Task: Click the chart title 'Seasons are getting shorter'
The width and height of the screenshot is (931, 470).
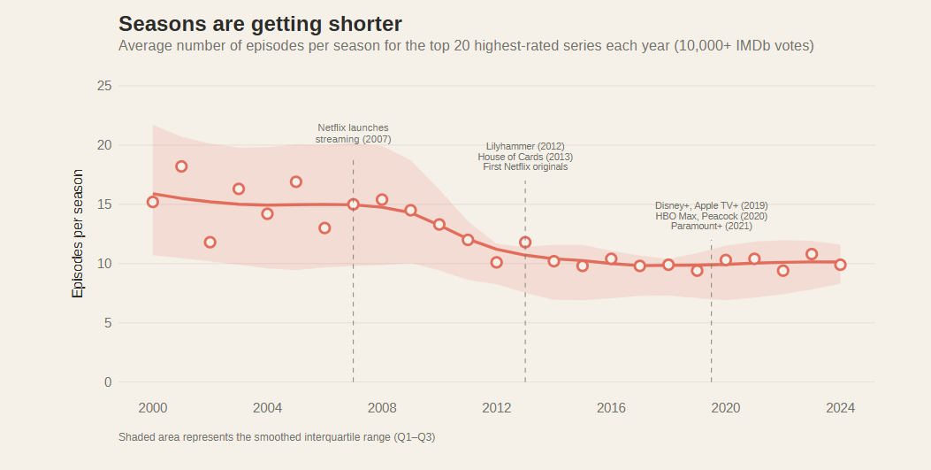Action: point(260,24)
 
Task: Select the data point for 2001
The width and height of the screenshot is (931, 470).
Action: point(181,166)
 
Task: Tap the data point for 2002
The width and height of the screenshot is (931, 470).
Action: point(210,242)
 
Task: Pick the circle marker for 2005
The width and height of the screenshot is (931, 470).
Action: point(296,181)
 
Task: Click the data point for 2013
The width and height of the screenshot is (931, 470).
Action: point(525,242)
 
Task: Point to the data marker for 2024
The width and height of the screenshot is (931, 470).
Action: point(840,265)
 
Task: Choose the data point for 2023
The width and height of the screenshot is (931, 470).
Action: point(812,254)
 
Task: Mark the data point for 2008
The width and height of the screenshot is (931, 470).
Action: point(382,200)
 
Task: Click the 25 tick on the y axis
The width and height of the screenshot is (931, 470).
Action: point(104,86)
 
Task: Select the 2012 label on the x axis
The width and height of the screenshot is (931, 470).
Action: point(497,408)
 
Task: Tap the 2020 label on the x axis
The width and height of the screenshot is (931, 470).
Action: point(726,408)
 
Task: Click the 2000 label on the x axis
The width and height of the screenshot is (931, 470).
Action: point(153,408)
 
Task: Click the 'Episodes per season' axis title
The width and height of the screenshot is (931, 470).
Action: point(78,234)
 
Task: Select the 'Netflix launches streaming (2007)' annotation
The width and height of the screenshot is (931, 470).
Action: point(353,134)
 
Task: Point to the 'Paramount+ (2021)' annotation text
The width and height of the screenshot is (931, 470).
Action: point(711,227)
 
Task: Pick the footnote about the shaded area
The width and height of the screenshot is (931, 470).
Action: point(277,437)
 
